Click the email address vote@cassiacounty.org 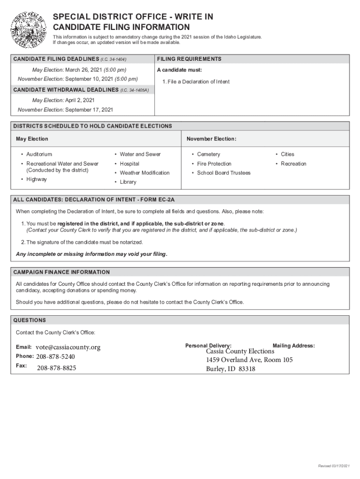[68, 348]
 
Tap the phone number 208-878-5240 [56, 357]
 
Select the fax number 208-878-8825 [57, 368]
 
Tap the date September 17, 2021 [89, 110]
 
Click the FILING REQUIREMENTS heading [189, 59]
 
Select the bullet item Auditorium [39, 154]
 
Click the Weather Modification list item [144, 173]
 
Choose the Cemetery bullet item [209, 154]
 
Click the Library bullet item [128, 182]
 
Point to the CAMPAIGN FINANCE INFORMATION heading [61, 272]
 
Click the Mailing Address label [294, 346]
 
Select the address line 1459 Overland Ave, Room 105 [249, 360]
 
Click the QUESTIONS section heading [29, 320]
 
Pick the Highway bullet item [36, 180]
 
